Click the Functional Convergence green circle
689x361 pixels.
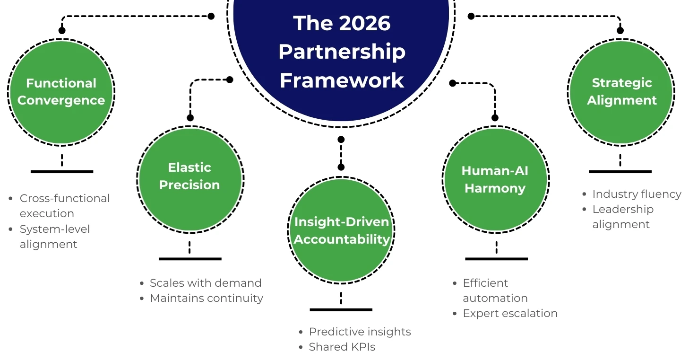pos(61,92)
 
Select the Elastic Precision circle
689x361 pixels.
pos(189,178)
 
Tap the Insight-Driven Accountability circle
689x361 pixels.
pos(341,230)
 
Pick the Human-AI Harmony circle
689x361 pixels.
pos(495,180)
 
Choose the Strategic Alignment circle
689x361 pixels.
pos(621,92)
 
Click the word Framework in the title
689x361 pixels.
pos(342,80)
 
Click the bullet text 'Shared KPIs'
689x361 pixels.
pos(342,347)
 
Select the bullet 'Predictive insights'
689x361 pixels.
pos(360,332)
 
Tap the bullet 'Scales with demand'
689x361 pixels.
pos(205,283)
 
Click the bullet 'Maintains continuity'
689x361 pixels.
pos(206,298)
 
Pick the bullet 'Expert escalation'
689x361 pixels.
pos(510,313)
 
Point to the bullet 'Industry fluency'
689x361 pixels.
pos(637,194)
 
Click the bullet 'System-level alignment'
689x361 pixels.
pos(54,237)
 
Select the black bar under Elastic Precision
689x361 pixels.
pos(190,259)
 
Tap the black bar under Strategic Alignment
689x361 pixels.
pos(620,171)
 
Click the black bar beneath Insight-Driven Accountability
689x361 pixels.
pos(341,309)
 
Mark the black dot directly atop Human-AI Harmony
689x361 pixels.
pos(495,118)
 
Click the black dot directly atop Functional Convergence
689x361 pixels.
pos(62,30)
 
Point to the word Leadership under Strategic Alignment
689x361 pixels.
pos(623,209)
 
